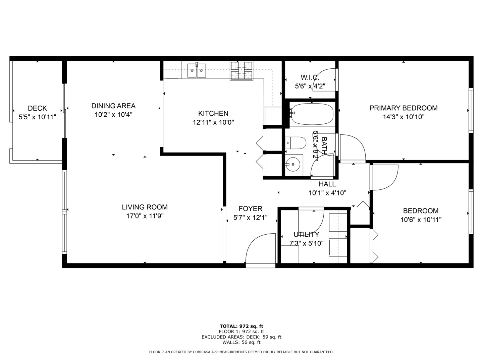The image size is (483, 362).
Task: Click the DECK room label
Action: [37, 108]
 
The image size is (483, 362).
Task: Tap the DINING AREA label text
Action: [113, 106]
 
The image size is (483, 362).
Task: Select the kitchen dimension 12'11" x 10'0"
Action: [213, 122]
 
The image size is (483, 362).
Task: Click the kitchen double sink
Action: [197, 70]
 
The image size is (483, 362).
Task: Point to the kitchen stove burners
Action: [241, 71]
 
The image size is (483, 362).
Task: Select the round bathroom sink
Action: [293, 164]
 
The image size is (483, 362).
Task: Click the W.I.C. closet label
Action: [310, 77]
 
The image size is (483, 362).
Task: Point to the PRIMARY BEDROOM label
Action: [403, 108]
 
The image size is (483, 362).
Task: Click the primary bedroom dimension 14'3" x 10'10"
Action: [404, 117]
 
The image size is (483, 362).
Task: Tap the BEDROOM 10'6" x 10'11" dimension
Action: [421, 220]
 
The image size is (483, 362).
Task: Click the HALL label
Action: [327, 184]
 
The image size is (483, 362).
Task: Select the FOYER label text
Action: [250, 209]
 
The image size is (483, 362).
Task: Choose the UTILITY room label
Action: [306, 234]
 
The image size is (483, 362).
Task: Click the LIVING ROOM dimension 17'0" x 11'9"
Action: [145, 216]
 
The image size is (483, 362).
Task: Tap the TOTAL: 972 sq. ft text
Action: [241, 326]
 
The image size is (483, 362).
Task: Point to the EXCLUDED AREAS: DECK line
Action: [241, 337]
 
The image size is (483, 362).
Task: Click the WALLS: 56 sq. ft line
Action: [241, 343]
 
